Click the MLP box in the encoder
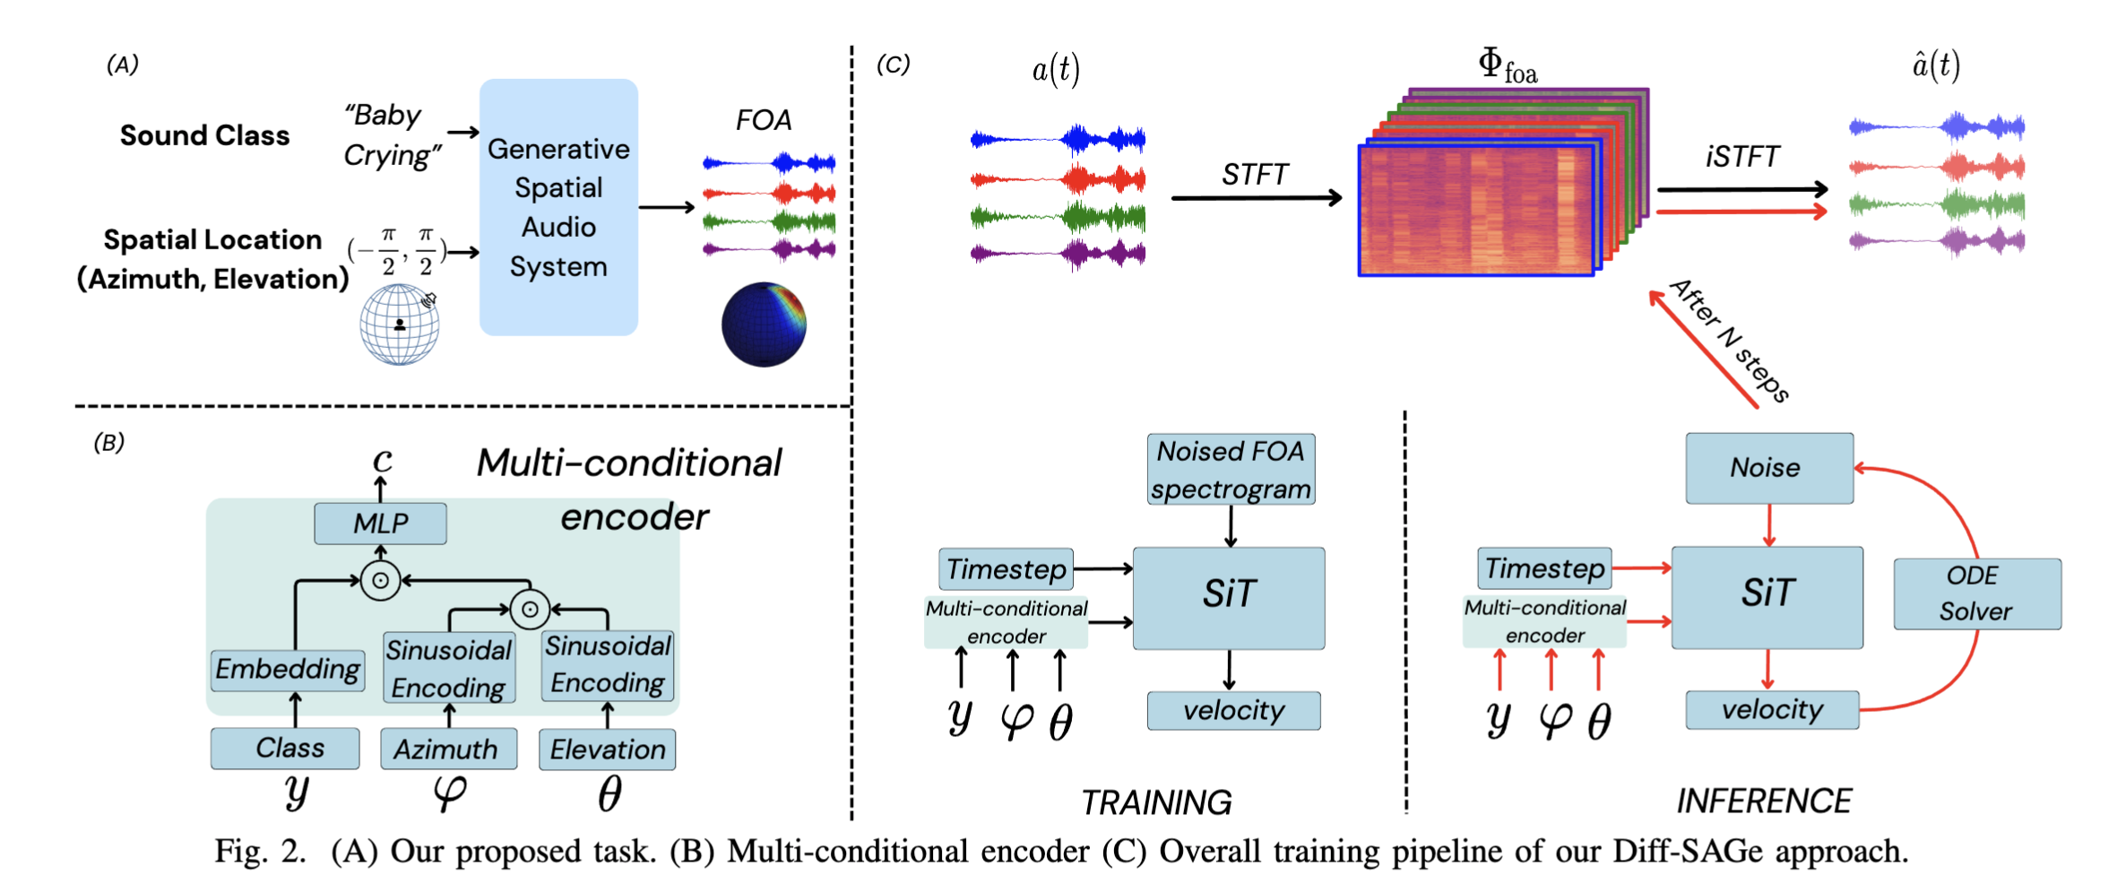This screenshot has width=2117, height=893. tap(380, 523)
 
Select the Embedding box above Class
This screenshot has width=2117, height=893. tap(288, 670)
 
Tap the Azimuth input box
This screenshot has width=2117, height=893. tap(448, 749)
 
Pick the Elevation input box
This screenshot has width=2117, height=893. tap(607, 750)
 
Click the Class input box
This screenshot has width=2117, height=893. tap(285, 748)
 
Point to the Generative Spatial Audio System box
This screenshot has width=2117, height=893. tap(558, 207)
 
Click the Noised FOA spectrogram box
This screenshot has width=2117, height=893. tap(1231, 470)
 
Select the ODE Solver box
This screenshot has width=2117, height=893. tap(1976, 594)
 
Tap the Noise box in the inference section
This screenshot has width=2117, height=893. tap(1768, 468)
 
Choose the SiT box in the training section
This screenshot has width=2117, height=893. tap(1229, 597)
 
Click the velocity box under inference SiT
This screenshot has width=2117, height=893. tap(1772, 710)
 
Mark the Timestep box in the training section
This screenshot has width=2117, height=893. tap(1006, 569)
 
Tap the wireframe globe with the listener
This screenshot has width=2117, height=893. tap(400, 325)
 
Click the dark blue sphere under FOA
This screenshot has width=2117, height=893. tap(764, 325)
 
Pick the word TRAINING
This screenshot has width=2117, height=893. tap(1156, 802)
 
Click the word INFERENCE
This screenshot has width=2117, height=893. tap(1764, 801)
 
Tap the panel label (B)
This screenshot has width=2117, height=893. tap(109, 442)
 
